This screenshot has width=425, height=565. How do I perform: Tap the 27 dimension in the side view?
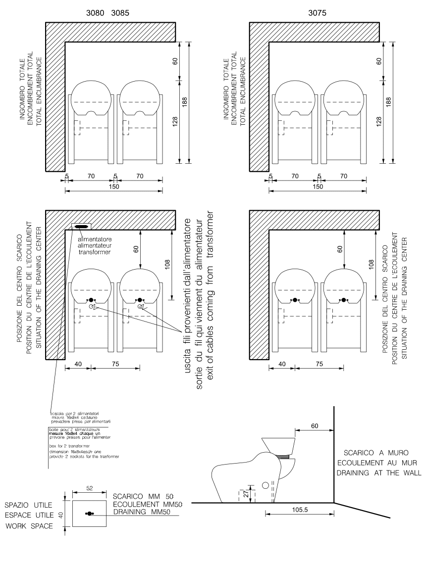click(x=246, y=493)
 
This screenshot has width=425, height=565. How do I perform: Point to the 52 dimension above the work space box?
click(x=89, y=488)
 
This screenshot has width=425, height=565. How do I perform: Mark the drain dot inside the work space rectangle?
click(x=90, y=515)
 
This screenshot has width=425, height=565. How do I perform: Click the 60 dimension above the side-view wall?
click(x=314, y=425)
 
